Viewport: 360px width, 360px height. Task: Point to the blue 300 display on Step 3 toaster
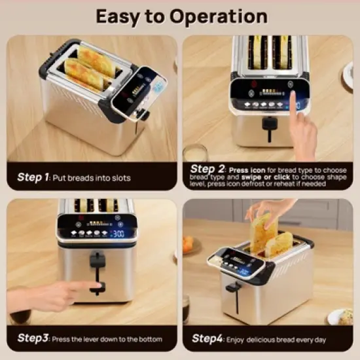tap(117, 233)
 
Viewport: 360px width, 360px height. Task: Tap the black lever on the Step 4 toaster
tap(230, 288)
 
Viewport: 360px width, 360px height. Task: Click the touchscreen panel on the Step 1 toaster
tap(138, 94)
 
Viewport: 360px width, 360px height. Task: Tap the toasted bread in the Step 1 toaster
tap(92, 69)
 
